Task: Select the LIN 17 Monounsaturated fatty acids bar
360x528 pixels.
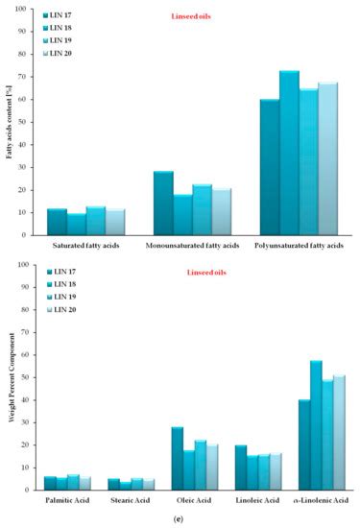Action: tap(163, 203)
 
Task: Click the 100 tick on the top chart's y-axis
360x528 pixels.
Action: tap(32, 10)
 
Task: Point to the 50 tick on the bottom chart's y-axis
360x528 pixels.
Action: tap(34, 377)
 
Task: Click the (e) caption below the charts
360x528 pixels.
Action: tap(181, 519)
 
